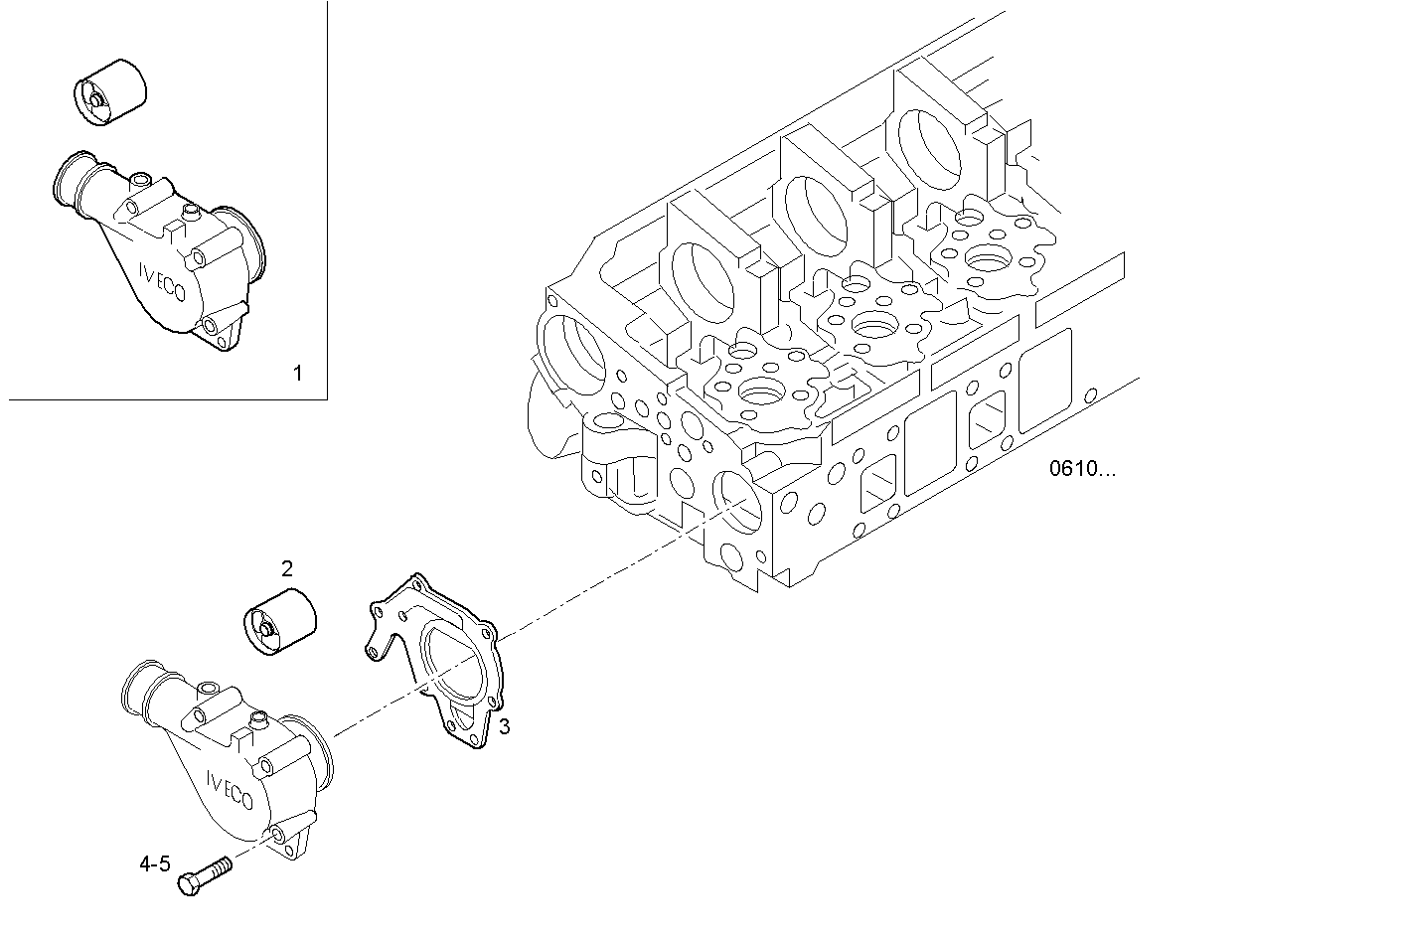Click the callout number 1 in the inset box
pos(296,374)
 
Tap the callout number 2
pos(286,568)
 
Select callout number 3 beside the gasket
pos(505,726)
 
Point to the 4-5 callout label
pos(154,864)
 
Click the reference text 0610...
pos(1082,469)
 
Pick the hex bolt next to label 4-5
pos(203,875)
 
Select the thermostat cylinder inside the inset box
pos(110,90)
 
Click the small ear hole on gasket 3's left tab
pos(372,652)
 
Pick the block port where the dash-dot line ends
pos(734,497)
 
